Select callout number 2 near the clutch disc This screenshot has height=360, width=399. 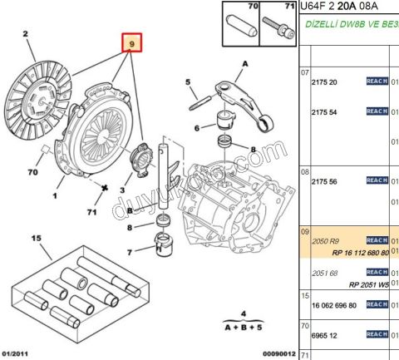click(26, 34)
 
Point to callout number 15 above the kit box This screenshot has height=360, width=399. click(36, 239)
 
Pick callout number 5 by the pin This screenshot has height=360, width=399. click(189, 81)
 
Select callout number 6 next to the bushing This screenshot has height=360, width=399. click(197, 128)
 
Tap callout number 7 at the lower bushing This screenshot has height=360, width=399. click(131, 252)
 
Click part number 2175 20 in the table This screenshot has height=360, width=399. click(325, 81)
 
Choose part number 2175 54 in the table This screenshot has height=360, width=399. click(325, 111)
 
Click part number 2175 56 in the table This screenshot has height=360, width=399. click(325, 181)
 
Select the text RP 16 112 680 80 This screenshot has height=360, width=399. click(360, 253)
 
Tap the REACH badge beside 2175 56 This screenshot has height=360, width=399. click(377, 180)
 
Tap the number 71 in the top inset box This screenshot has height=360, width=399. click(289, 7)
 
